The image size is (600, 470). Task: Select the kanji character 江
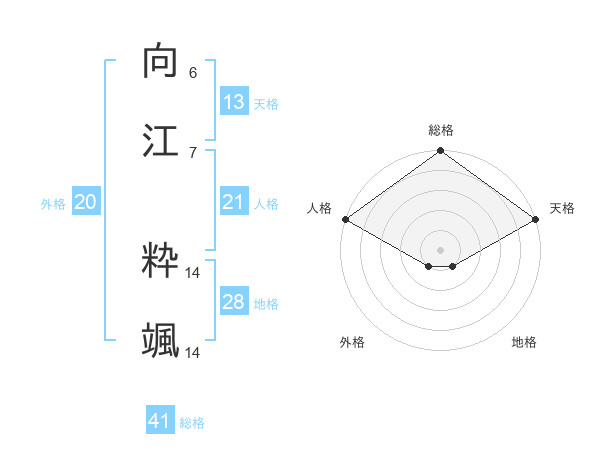(161, 140)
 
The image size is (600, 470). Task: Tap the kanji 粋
(161, 261)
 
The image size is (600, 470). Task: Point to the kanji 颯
(161, 341)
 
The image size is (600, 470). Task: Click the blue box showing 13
(234, 102)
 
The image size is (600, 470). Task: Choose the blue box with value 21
(234, 202)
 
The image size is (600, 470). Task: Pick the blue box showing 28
(234, 302)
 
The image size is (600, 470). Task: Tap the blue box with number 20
(86, 202)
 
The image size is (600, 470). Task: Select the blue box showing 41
(160, 421)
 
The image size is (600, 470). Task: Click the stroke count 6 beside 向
(193, 72)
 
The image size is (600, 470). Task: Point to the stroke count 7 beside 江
(193, 152)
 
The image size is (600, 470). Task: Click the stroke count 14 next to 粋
(193, 272)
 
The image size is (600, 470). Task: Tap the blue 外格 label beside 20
(53, 204)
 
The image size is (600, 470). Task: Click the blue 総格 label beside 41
(192, 423)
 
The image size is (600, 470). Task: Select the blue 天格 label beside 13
(266, 104)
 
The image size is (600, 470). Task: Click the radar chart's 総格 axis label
(441, 130)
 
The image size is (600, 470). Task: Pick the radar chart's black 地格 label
(524, 342)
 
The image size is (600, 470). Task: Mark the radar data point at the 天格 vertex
(536, 219)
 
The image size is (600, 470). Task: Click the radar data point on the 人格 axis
(345, 219)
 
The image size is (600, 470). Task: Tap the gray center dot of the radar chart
(441, 249)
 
